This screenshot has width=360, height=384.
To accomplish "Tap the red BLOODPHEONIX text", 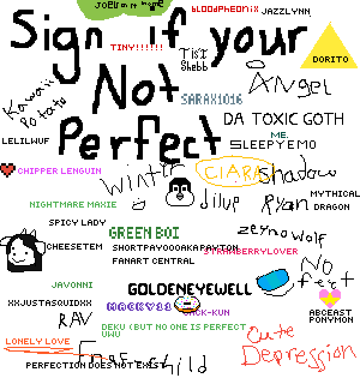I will (225, 9).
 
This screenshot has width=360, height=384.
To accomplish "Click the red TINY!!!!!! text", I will (137, 47).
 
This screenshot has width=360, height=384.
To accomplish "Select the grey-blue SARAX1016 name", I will (212, 100).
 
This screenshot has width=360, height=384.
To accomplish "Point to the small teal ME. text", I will (279, 136).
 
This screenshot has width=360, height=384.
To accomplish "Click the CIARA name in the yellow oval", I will (235, 173).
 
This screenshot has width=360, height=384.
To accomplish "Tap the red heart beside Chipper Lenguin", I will (7, 170).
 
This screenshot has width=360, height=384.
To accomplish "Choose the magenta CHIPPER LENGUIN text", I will (59, 171).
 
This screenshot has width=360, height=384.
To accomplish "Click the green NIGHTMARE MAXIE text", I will (73, 205).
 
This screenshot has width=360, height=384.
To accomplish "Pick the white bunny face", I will (179, 195).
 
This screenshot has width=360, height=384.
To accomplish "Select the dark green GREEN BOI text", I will (144, 233).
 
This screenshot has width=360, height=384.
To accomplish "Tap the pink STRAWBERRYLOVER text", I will (251, 251).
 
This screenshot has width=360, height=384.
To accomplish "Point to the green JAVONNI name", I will (72, 285).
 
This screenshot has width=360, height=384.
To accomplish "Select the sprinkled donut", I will (187, 303).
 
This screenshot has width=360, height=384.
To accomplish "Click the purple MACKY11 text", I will (139, 307).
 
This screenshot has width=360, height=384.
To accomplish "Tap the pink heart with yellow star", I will (329, 298).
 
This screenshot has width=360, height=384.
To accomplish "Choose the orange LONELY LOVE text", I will (38, 341).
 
